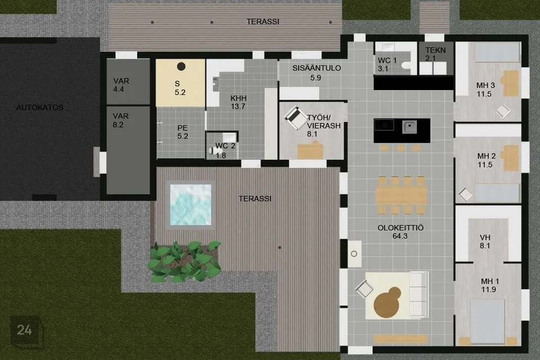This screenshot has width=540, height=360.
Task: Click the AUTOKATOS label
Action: click(x=39, y=107)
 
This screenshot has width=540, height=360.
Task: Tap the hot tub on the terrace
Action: click(x=192, y=204)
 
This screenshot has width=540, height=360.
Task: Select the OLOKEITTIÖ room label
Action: click(x=400, y=228)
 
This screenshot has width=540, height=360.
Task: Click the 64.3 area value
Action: click(x=400, y=237)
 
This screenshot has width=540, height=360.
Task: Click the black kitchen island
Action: click(x=402, y=130)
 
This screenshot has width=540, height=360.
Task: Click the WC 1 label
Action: click(x=386, y=60)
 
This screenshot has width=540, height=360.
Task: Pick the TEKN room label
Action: click(x=435, y=50)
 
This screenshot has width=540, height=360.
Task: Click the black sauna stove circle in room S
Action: click(x=181, y=66)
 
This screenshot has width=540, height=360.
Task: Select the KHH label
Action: click(x=238, y=98)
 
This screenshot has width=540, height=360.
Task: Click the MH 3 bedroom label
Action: click(x=485, y=85)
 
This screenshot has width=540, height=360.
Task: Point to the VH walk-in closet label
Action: click(x=485, y=237)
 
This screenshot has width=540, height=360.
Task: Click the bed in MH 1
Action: click(x=487, y=318)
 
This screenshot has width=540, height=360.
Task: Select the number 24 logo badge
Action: click(x=25, y=330)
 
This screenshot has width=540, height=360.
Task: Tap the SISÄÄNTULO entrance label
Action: click(x=317, y=68)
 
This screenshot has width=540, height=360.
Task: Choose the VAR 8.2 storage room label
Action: click(x=121, y=116)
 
